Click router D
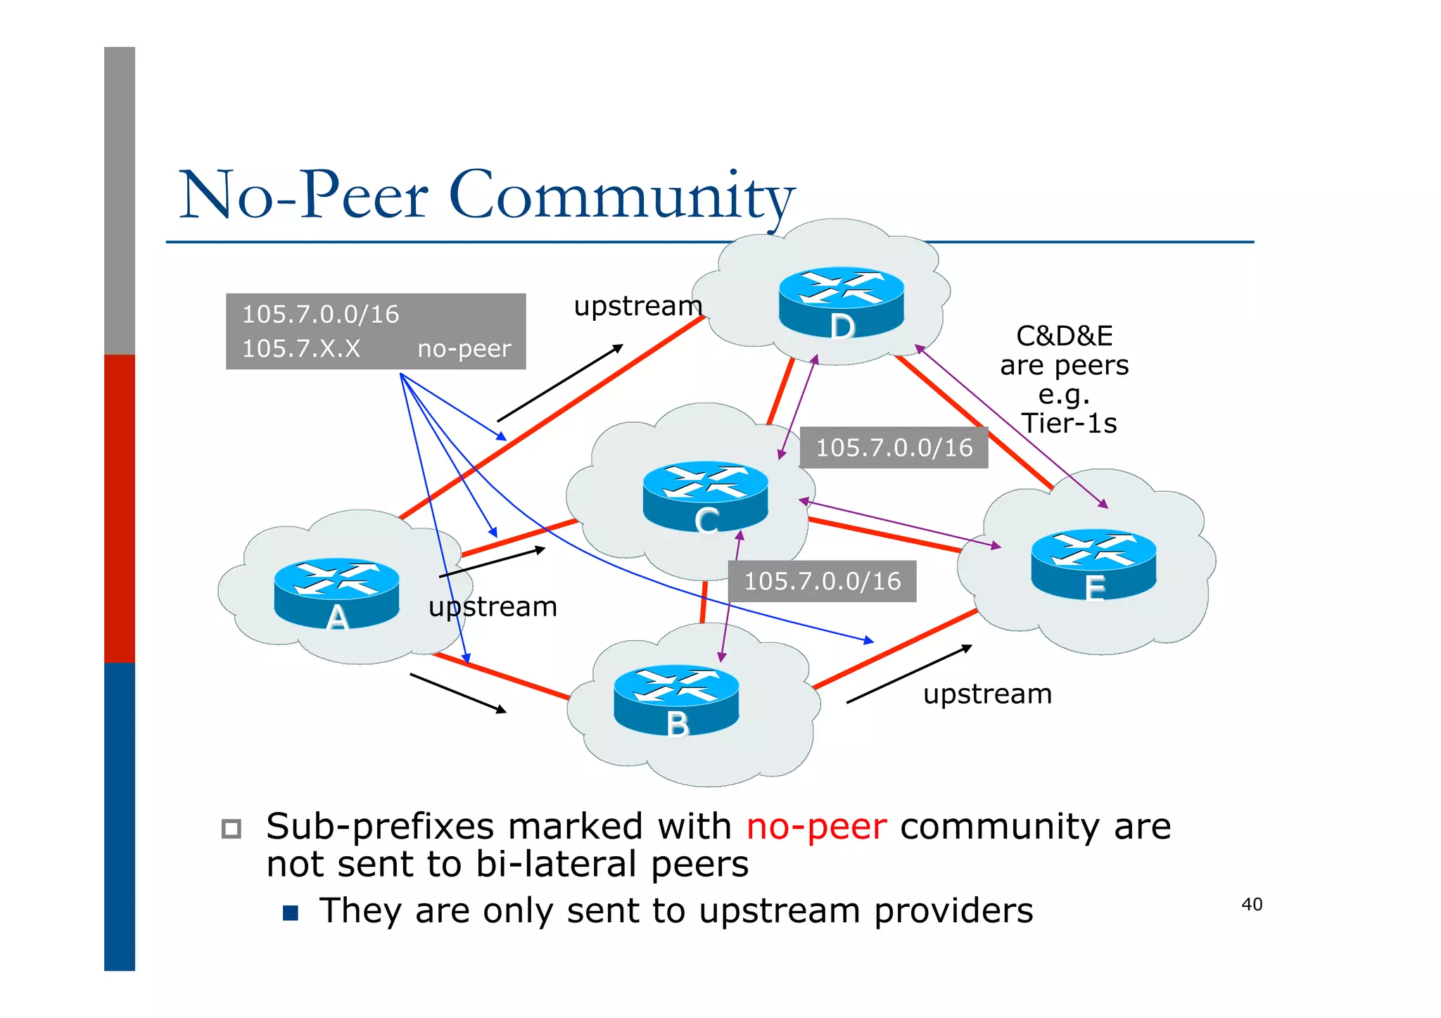[x=841, y=303]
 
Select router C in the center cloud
[x=705, y=497]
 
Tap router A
[x=336, y=592]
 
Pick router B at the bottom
[x=676, y=700]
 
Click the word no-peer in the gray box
[x=464, y=349]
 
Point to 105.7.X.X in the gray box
[x=301, y=349]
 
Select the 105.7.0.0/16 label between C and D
[x=894, y=447]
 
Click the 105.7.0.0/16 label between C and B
[x=822, y=581]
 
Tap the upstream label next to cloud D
[x=637, y=306]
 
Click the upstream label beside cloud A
[x=493, y=606]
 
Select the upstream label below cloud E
[x=987, y=694]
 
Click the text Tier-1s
[x=1069, y=424]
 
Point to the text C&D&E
[x=1064, y=336]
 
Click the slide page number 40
[x=1252, y=904]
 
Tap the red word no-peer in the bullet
[x=816, y=827]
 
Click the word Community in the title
[x=621, y=196]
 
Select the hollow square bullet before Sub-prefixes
[x=231, y=829]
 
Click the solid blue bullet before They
[x=291, y=913]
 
